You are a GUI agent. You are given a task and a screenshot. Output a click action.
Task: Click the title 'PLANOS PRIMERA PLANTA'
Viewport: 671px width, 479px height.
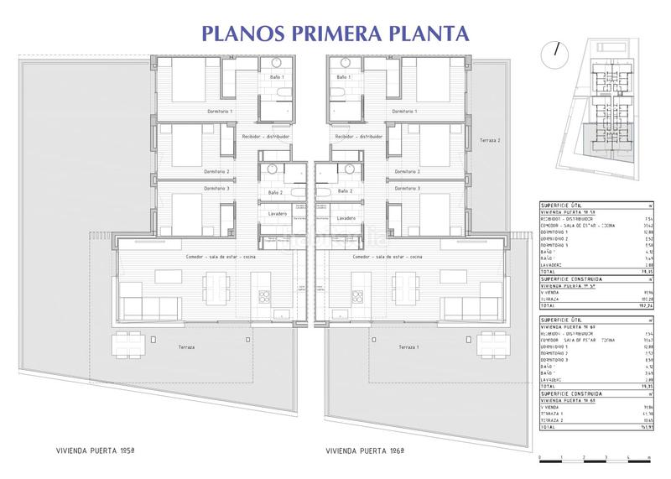333,33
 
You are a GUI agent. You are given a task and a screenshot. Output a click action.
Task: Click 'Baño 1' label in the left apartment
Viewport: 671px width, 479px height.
277,77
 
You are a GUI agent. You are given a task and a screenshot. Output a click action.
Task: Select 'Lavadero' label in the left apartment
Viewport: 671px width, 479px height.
278,214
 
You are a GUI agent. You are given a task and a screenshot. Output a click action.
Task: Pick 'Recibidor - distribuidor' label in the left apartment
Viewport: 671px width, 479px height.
266,135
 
